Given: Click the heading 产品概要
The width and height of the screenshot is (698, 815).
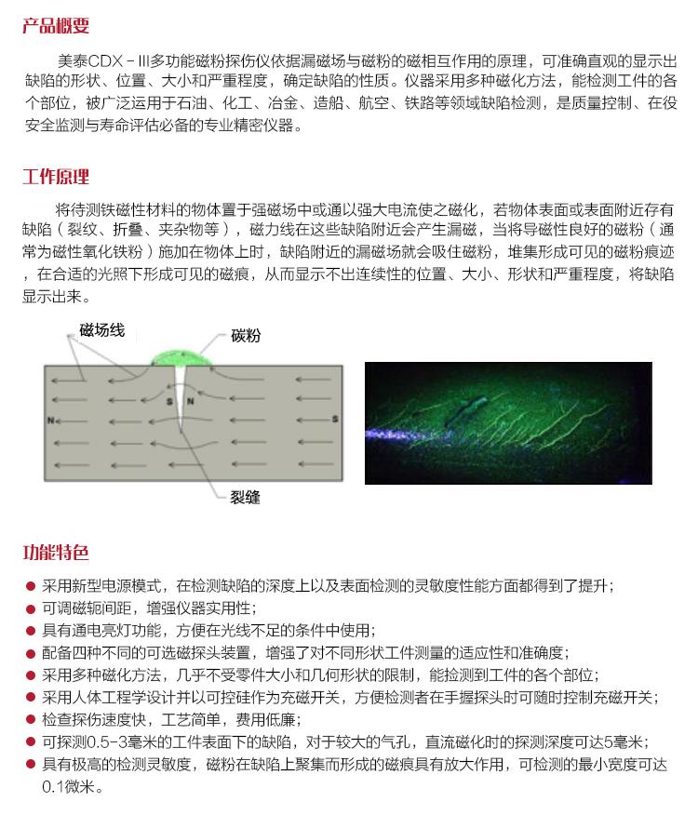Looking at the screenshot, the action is pos(56,25).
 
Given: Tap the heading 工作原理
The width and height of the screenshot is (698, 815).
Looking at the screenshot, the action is pos(56,177).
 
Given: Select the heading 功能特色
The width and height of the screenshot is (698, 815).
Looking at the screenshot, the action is pos(56,552).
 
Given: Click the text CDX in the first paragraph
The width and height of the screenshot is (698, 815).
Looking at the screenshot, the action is pos(105,61).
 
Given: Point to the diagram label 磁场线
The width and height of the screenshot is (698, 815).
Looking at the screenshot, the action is pos(102,330).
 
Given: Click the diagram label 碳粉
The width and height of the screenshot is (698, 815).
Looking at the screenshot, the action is pos(246,335).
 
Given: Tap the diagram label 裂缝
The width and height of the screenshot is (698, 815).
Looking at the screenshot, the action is pos(245,498).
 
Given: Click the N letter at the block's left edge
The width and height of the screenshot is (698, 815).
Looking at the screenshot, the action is pos(50,420).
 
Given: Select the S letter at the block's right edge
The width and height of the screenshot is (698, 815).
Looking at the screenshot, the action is pos(335,419).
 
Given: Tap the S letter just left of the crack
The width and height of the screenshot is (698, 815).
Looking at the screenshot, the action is pos(169,401).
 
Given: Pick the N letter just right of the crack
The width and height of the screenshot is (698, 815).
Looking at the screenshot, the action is pos(191,401).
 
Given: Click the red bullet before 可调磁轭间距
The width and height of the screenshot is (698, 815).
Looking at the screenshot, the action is pos(30,608).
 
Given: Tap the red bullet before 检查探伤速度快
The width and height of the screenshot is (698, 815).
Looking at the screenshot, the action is pos(30,720).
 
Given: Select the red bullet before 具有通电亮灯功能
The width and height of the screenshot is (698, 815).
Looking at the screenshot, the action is pos(30,631).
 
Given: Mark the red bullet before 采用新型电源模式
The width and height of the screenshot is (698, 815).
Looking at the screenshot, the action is pos(30,586).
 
